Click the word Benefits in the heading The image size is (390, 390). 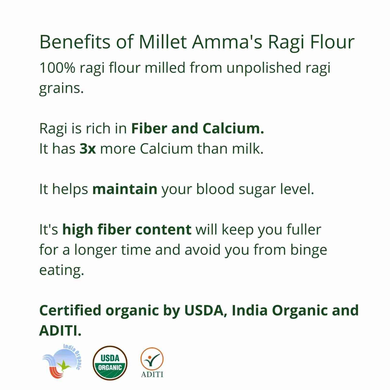point(75,42)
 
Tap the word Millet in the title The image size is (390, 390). point(163,42)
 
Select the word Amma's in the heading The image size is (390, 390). point(227,42)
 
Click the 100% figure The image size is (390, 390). point(57,68)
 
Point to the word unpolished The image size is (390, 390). point(264,68)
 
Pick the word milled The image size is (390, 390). point(165,68)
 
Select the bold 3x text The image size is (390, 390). point(88,149)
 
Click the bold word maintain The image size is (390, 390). point(125,189)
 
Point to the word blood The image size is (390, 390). point(215,189)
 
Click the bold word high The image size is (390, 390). point(77,230)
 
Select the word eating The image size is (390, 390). point(62,270)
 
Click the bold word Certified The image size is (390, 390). point(70,310)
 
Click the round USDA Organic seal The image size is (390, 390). point(110,363)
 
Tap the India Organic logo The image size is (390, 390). point(62,362)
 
